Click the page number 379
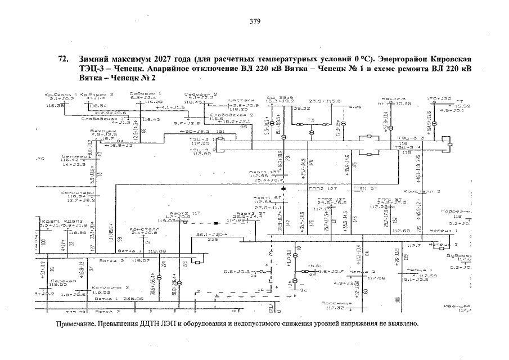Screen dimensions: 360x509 [x=254, y=22]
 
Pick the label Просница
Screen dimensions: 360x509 [x=336, y=303]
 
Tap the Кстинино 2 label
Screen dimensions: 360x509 [x=107, y=287]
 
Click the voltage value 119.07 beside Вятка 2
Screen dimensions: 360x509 [x=140, y=260]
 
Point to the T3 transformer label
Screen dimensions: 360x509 [x=310, y=119]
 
